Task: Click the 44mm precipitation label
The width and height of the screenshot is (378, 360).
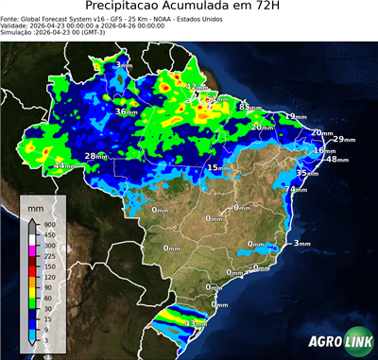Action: coord(65,166)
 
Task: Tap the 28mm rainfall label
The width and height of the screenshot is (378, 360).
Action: coord(96,156)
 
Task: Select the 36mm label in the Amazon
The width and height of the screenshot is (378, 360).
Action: coord(127,111)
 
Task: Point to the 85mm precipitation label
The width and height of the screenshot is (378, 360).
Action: coord(249,108)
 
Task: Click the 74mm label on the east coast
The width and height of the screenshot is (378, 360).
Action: coord(297,190)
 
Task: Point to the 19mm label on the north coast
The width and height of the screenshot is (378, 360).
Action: coord(296,116)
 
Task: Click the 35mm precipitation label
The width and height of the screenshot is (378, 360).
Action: coord(307,173)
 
